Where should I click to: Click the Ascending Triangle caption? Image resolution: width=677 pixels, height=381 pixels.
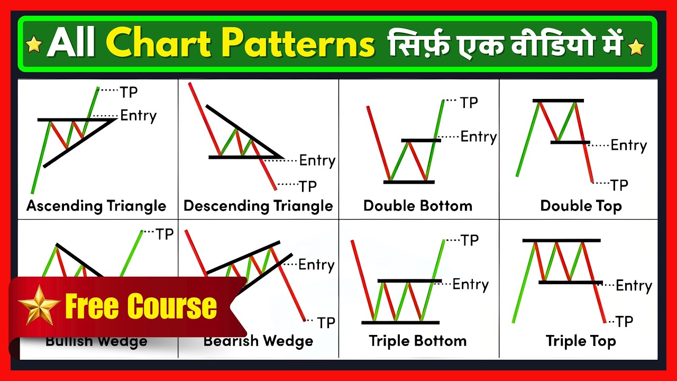pos(96,205)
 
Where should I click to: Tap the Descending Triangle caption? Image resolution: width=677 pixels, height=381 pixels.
pos(258,205)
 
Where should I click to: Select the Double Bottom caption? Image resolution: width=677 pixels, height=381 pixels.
pos(418,205)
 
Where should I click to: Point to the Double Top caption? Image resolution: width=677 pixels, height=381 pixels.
pos(581,205)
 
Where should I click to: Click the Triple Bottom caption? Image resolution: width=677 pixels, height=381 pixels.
pos(418,341)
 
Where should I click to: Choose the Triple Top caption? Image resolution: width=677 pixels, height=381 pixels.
pos(581,341)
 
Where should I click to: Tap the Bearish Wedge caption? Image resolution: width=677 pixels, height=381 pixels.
pos(258,341)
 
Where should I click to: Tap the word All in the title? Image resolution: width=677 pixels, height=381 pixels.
pos(71,44)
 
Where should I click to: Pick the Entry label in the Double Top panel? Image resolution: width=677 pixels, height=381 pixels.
pos(628,145)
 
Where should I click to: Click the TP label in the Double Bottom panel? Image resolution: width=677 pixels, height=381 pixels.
pos(469,102)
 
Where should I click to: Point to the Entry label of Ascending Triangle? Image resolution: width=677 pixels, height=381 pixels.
pos(139,115)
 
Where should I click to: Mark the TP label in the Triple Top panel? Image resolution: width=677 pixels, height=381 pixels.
pos(624,321)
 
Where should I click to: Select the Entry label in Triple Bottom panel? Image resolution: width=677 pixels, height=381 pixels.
pos(470,284)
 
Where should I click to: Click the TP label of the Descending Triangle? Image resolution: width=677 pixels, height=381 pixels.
pos(308,186)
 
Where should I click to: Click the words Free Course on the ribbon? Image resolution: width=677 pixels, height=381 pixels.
pos(141,306)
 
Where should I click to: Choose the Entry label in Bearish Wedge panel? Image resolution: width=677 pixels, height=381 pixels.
pos(316,265)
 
